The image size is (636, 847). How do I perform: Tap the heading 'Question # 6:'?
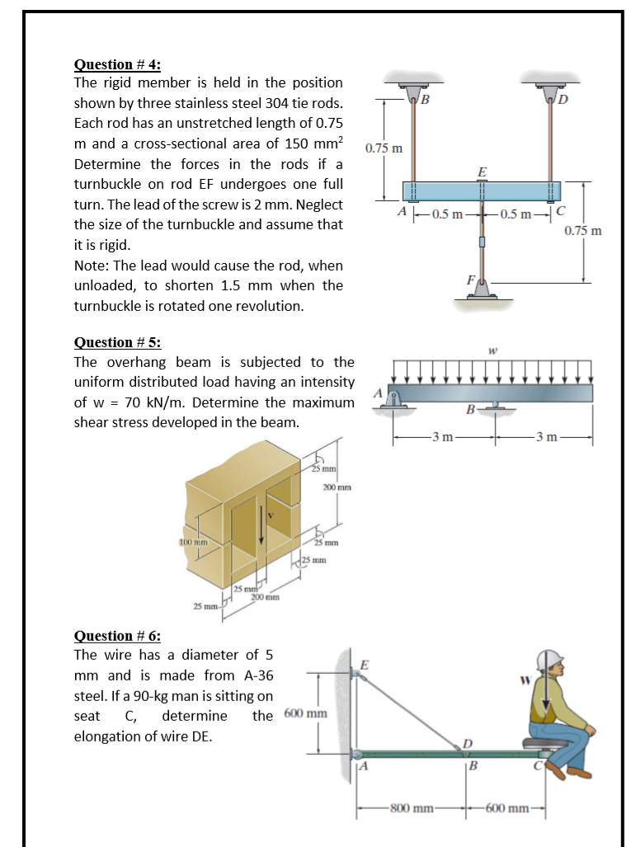click(117, 635)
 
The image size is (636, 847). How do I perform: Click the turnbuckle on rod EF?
click(482, 241)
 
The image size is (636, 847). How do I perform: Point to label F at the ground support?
click(473, 280)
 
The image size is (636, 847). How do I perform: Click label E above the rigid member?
click(482, 172)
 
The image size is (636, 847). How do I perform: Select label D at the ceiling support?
click(563, 101)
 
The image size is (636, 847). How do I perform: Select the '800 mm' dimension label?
click(411, 806)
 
